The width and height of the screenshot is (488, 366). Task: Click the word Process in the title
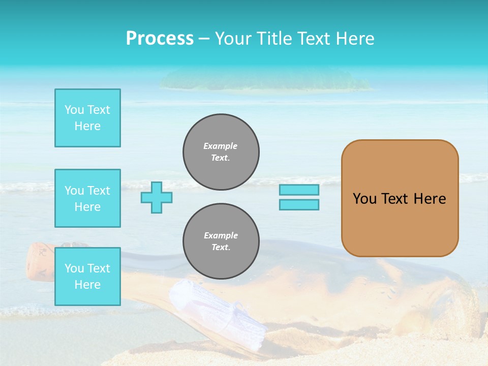pyautogui.click(x=160, y=39)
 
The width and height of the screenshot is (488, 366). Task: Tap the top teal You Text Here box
pyautogui.click(x=87, y=118)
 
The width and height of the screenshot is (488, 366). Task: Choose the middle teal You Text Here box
pyautogui.click(x=87, y=198)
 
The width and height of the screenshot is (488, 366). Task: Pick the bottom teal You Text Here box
pyautogui.click(x=87, y=277)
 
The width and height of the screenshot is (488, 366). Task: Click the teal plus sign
pyautogui.click(x=157, y=197)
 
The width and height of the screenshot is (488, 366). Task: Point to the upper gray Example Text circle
pyautogui.click(x=221, y=152)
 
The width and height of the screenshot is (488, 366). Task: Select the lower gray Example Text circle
pyautogui.click(x=221, y=241)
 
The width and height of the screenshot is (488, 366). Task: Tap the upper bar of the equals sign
pyautogui.click(x=299, y=190)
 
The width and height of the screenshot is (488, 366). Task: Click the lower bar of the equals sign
pyautogui.click(x=299, y=204)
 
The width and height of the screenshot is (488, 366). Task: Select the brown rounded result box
pyautogui.click(x=400, y=224)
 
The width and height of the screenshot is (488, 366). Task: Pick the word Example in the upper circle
pyautogui.click(x=221, y=146)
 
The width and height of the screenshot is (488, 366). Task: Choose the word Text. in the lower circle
pyautogui.click(x=221, y=248)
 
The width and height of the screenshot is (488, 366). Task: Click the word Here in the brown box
pyautogui.click(x=430, y=199)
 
